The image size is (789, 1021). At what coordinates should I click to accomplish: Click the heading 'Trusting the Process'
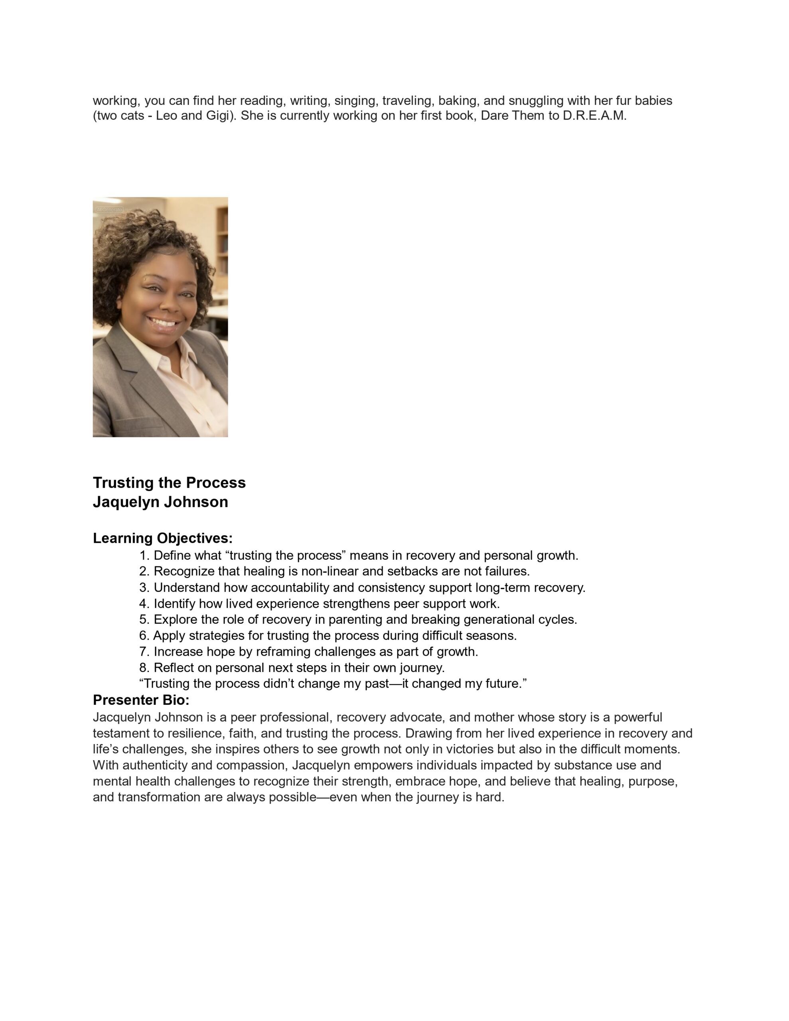pyautogui.click(x=169, y=483)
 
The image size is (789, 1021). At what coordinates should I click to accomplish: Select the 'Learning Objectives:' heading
pyautogui.click(x=162, y=538)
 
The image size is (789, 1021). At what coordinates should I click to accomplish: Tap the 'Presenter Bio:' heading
pyautogui.click(x=141, y=700)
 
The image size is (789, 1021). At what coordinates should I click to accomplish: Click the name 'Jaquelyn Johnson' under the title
pyautogui.click(x=160, y=502)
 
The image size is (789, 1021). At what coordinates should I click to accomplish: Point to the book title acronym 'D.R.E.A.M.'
pyautogui.click(x=594, y=116)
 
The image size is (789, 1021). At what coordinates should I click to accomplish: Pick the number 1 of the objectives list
pyautogui.click(x=144, y=556)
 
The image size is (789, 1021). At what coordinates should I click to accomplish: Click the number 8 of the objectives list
pyautogui.click(x=144, y=668)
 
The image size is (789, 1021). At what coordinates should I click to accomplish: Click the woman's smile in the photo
pyautogui.click(x=164, y=323)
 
